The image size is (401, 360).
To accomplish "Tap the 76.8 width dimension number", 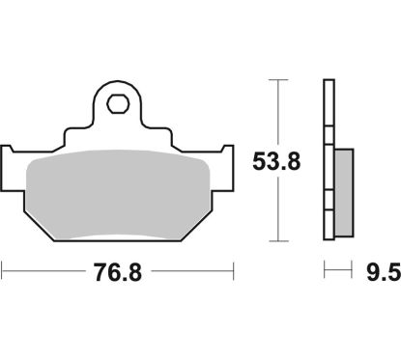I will click(x=118, y=273).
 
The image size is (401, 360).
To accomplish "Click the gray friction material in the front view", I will click(x=118, y=193).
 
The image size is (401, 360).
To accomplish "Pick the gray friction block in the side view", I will click(x=344, y=191).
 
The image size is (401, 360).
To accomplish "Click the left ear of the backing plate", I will click(x=12, y=164).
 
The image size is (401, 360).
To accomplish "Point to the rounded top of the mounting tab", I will click(x=118, y=84).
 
